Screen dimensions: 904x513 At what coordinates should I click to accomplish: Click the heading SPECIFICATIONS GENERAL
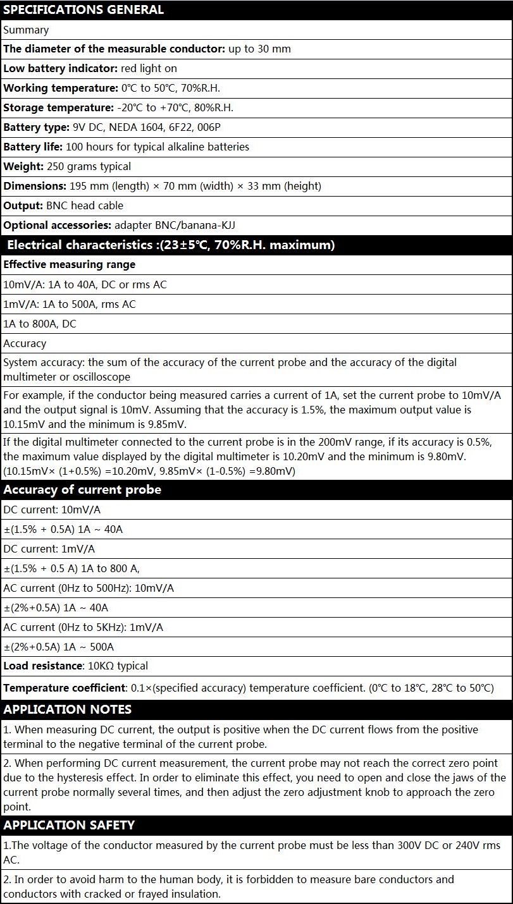coord(83,9)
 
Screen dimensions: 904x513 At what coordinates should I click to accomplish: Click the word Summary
coord(26,30)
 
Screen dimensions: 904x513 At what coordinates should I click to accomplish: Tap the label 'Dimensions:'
coord(34,186)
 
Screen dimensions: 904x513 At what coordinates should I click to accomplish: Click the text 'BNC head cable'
coord(85,205)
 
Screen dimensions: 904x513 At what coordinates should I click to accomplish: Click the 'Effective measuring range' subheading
coord(70,264)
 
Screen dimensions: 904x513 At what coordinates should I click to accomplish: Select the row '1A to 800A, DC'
coord(40,324)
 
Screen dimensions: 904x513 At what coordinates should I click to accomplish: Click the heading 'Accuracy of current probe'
coord(82,490)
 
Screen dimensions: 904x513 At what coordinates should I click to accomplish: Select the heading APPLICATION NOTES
coord(68,709)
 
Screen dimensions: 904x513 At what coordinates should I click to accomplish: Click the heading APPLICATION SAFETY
coord(69,825)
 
